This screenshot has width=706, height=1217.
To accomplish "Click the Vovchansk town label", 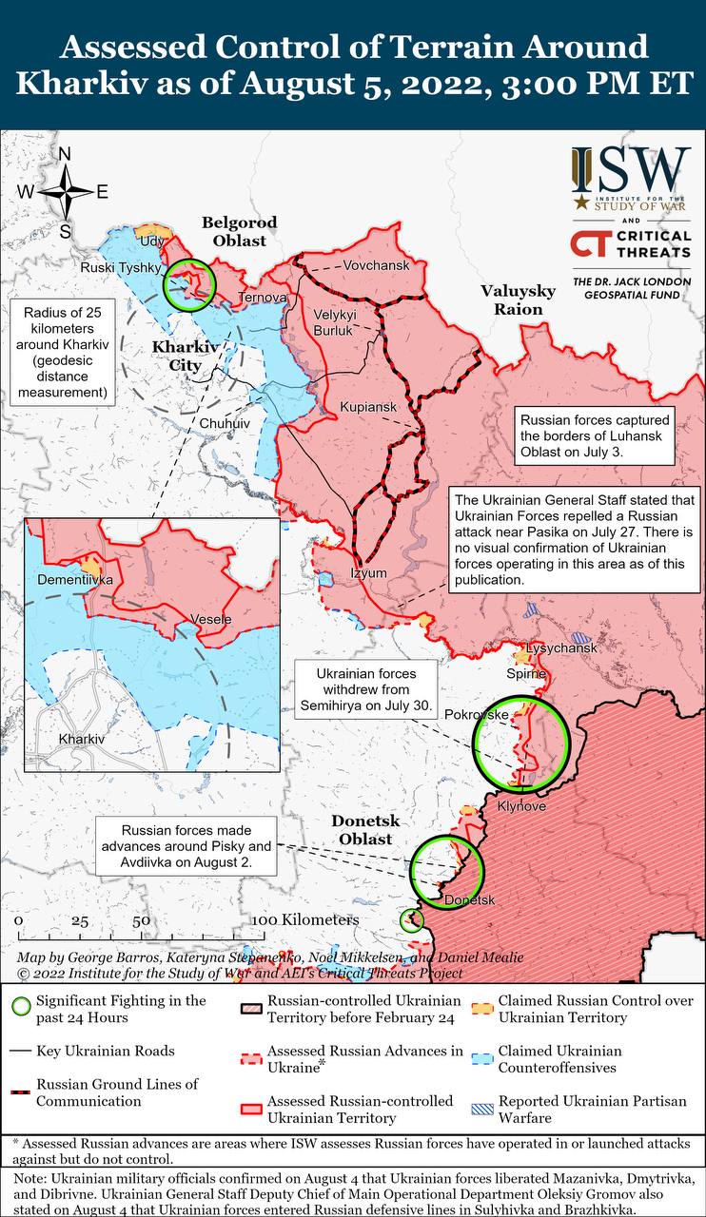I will tap(376, 265).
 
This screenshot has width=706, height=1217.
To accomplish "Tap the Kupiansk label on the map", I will tap(368, 407).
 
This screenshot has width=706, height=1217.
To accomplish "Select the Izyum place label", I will tap(368, 573).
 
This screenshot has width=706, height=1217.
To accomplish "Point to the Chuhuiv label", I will tap(225, 422).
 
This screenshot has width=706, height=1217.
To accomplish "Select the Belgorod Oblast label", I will tap(239, 231).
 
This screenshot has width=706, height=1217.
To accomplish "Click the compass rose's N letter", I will tap(65, 155).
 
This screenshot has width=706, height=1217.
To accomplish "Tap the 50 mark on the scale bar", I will tap(140, 921).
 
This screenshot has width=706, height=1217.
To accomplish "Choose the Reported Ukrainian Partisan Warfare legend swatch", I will tap(481, 1109).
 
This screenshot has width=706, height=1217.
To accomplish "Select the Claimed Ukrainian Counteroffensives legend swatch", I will tap(481, 1058).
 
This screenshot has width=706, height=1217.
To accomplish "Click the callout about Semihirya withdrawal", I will tap(367, 689).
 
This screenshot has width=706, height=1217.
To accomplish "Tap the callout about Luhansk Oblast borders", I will tap(595, 435).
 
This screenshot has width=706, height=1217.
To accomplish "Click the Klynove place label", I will tap(521, 806).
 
